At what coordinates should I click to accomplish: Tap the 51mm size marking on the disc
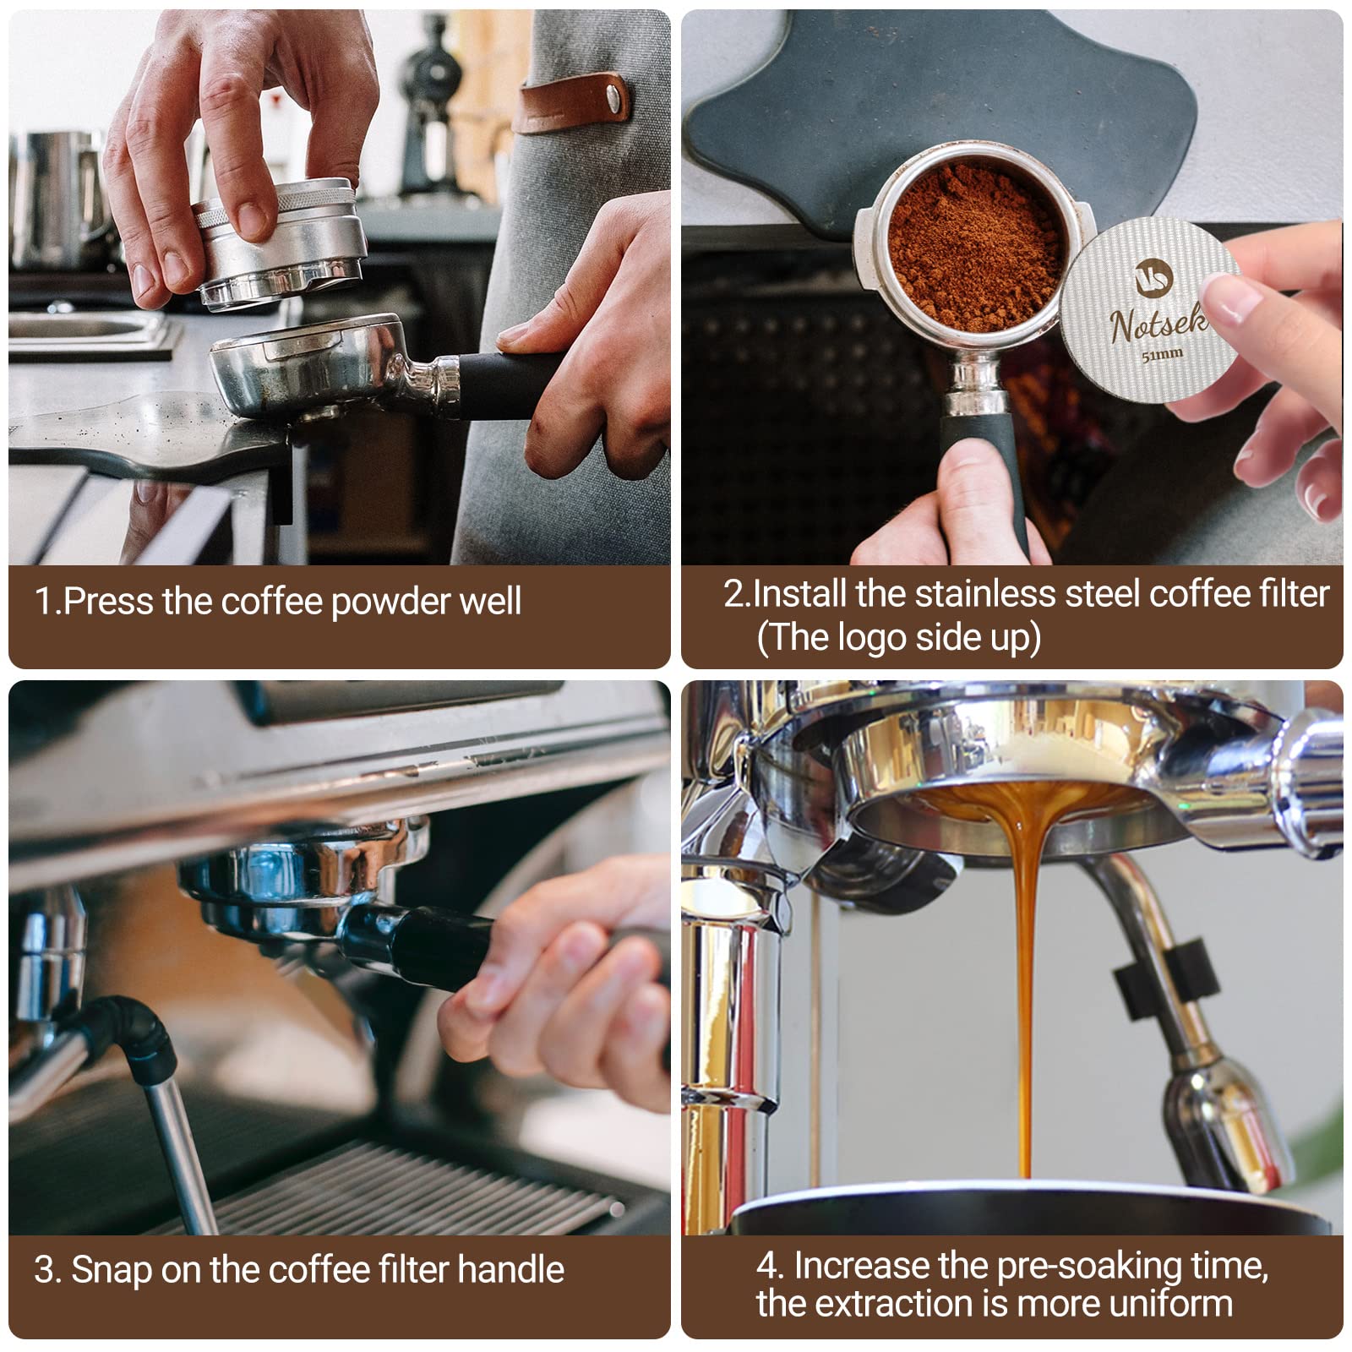coord(1162,355)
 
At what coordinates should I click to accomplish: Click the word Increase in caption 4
coord(861,1265)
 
